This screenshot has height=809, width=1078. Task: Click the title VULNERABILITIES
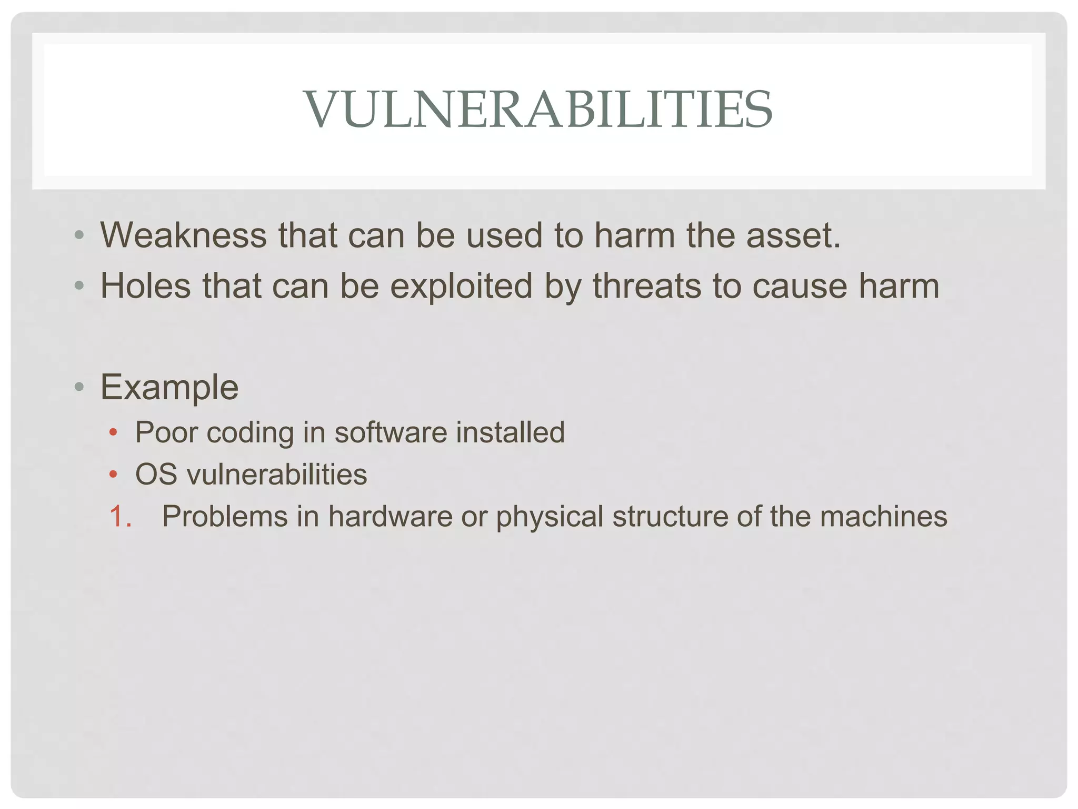[x=538, y=109]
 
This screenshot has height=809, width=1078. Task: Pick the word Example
[x=169, y=387]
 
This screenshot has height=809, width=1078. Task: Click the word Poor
[x=166, y=432]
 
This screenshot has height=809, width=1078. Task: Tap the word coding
[x=250, y=432]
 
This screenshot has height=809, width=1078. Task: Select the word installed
[x=510, y=432]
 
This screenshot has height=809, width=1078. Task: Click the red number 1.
[x=119, y=516]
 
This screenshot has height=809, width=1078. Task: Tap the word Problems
[x=225, y=516]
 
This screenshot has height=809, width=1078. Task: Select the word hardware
[x=390, y=516]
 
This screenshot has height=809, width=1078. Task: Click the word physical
[x=550, y=517]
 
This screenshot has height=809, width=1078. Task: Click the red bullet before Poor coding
[x=113, y=433]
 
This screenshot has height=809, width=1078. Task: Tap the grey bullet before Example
[x=79, y=388]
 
